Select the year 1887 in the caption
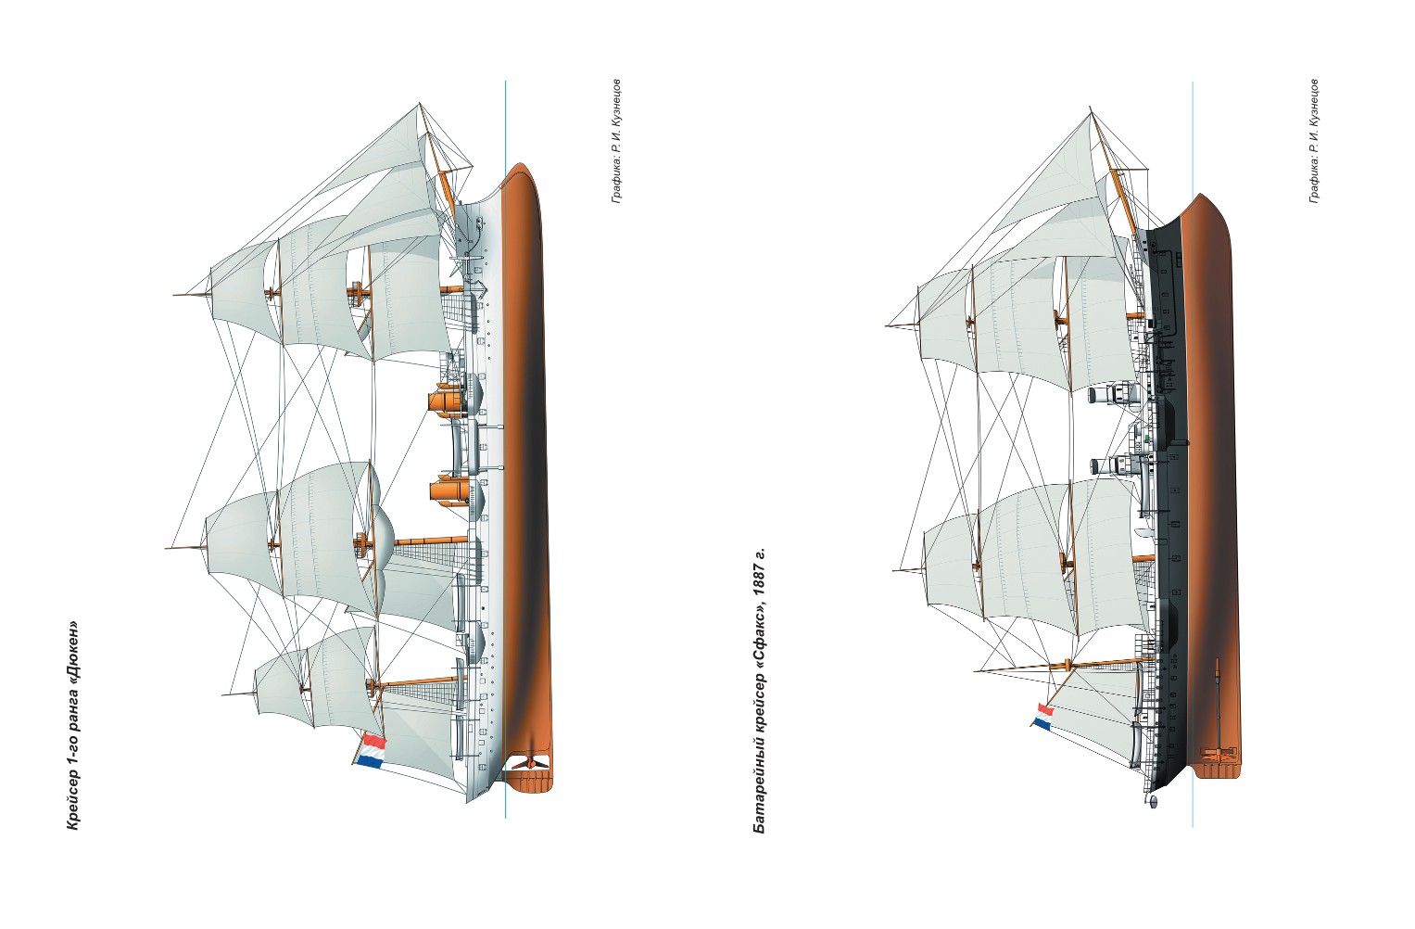pyautogui.click(x=760, y=582)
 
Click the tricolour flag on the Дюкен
pyautogui.click(x=370, y=751)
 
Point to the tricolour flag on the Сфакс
pyautogui.click(x=1043, y=716)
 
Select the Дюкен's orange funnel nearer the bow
pyautogui.click(x=449, y=401)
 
